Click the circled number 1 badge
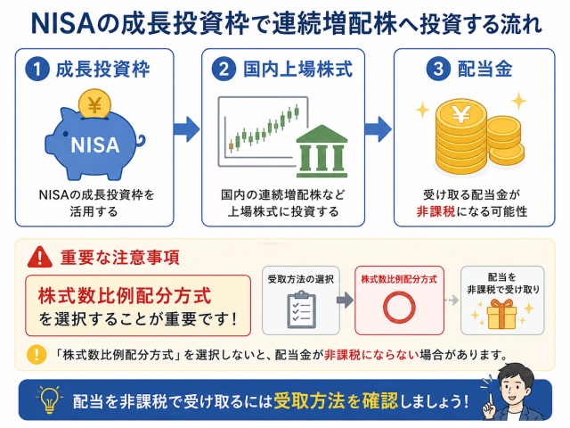37,70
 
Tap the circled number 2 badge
224,70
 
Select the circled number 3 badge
438,70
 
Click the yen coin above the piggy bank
94,104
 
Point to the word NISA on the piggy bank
95,145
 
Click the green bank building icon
322,151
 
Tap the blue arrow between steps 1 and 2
186,128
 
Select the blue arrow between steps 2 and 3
379,128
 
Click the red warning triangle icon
39,258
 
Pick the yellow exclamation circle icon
37,354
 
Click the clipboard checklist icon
301,309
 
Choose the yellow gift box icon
501,314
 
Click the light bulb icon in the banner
50,400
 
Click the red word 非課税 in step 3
436,211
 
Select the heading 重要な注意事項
119,258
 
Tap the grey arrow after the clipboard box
345,300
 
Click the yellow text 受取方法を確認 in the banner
336,401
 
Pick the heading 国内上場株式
297,70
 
